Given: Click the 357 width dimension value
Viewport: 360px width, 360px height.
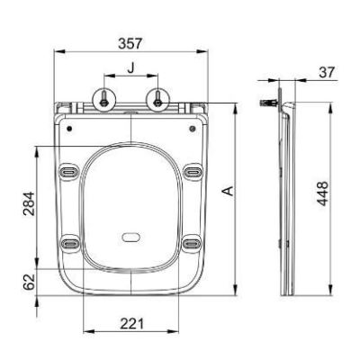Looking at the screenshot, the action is [x=130, y=43].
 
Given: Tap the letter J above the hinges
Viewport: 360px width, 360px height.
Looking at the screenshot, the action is [x=130, y=68].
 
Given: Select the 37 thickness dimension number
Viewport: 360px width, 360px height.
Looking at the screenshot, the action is [x=327, y=72].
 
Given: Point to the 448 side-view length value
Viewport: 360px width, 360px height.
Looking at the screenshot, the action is [x=323, y=193].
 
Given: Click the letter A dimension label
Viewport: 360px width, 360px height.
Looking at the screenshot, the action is [x=229, y=191].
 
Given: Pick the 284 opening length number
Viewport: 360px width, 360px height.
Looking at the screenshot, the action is [x=30, y=203].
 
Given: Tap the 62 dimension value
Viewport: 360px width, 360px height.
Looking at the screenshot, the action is [x=30, y=282].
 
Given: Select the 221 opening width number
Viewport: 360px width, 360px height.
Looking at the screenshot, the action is [x=132, y=324].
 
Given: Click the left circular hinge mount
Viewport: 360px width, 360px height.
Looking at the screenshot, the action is [x=103, y=102].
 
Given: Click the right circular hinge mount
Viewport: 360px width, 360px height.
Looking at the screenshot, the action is [x=157, y=102].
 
